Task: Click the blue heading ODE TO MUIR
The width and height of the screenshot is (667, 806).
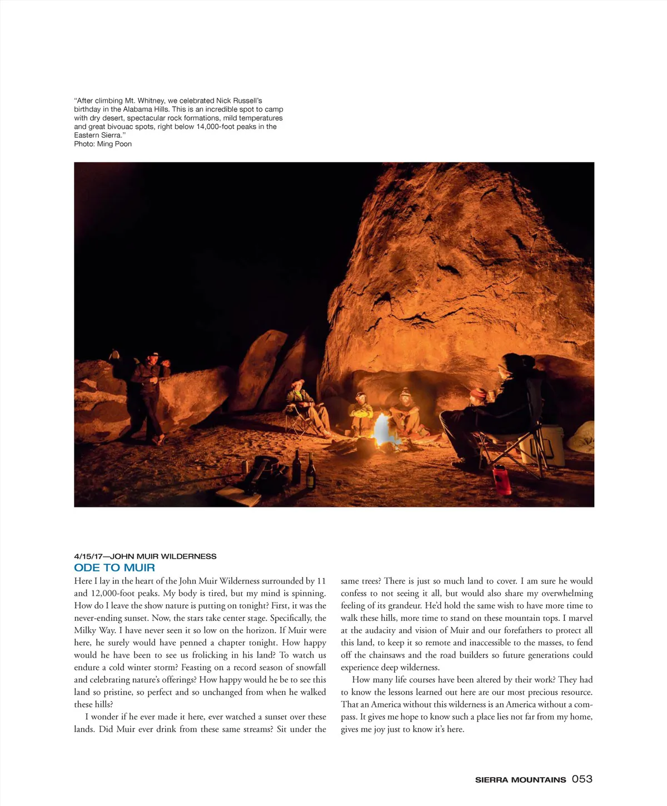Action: click(115, 568)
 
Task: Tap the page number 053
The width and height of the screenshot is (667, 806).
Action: click(582, 779)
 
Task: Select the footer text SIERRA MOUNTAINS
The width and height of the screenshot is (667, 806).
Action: click(520, 780)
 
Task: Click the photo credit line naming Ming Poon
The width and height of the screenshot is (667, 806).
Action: click(103, 144)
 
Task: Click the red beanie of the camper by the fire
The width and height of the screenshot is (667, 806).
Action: click(477, 394)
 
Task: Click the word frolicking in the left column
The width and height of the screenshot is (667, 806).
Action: click(210, 655)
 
